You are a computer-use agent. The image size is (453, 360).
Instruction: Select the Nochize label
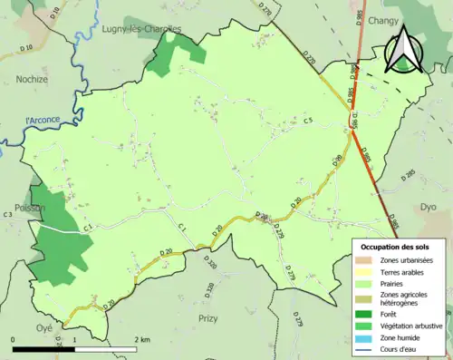[x=32, y=80]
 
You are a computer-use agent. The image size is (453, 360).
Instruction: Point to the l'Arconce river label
[x=43, y=121]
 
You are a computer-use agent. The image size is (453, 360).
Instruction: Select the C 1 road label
[x=181, y=227]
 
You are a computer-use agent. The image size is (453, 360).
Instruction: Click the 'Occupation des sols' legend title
[x=397, y=247]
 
